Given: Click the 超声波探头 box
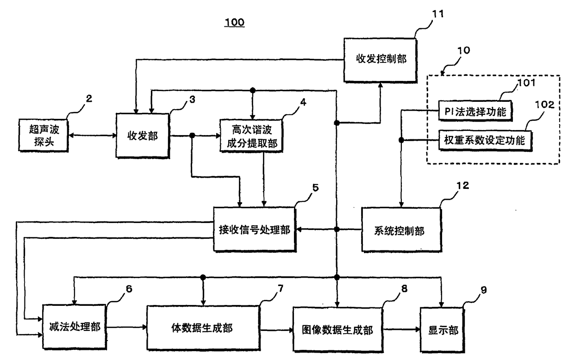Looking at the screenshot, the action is click(x=44, y=135).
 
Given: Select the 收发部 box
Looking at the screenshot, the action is click(x=143, y=136).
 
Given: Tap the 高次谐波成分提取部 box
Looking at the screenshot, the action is click(x=251, y=136).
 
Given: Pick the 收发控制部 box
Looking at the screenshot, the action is click(x=380, y=60).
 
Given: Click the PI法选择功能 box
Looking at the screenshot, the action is click(x=475, y=111).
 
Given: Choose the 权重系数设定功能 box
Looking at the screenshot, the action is click(x=485, y=140).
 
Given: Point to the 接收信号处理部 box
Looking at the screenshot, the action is click(x=255, y=229).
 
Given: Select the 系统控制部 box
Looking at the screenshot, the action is click(x=401, y=230).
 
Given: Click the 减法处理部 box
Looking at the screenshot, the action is click(x=75, y=326).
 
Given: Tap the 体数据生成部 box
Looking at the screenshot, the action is click(x=203, y=328).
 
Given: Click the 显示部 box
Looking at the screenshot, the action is click(x=442, y=330).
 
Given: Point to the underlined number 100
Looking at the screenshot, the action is click(x=235, y=22).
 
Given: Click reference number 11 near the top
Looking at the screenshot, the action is click(x=438, y=13).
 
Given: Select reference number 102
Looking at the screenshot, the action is click(x=544, y=105).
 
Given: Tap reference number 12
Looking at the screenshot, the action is click(x=463, y=186).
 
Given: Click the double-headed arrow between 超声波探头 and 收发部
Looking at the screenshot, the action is click(x=92, y=135).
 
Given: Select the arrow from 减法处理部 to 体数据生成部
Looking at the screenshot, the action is click(x=126, y=327).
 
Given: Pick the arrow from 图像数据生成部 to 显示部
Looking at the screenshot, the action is click(x=401, y=329).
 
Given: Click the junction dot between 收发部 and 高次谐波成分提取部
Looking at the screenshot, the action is click(x=192, y=135).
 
